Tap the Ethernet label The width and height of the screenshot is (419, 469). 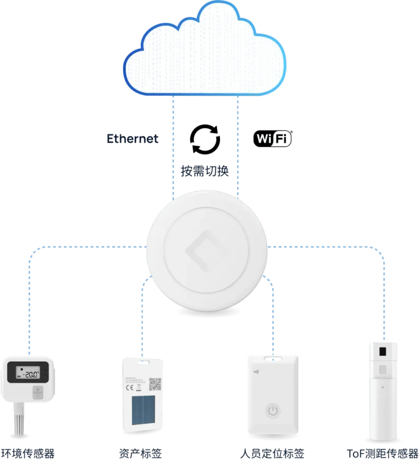click(x=133, y=139)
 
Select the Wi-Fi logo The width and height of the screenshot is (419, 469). click(x=272, y=139)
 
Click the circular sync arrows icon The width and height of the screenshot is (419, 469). click(x=206, y=137)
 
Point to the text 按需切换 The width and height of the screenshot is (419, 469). click(x=204, y=171)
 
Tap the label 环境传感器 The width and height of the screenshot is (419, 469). click(x=28, y=454)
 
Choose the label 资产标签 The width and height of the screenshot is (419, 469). click(x=140, y=454)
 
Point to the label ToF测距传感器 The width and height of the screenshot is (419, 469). click(x=382, y=454)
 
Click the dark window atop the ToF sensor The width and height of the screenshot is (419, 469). click(x=383, y=352)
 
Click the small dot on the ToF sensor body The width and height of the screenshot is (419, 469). click(x=383, y=387)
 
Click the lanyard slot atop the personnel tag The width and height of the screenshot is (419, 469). click(x=273, y=354)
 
